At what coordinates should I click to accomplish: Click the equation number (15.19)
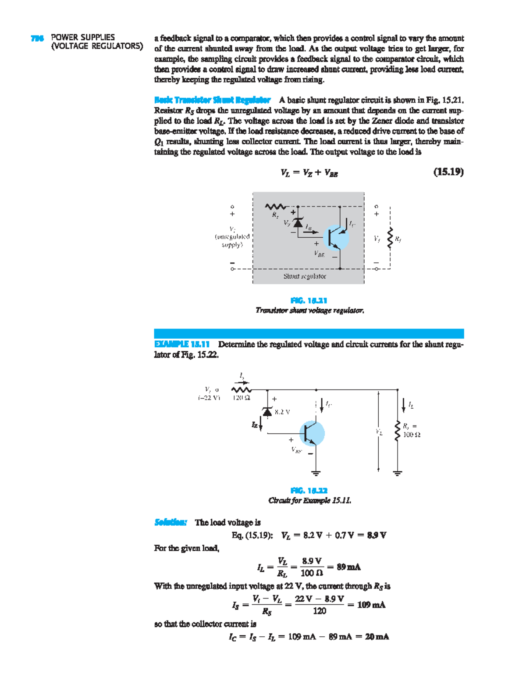coord(448,172)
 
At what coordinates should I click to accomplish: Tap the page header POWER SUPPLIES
coord(83,37)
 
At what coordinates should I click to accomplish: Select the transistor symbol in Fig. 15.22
coord(312,433)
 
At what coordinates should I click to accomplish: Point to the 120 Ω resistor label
coord(241,398)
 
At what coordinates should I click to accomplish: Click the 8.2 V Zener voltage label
coord(282,412)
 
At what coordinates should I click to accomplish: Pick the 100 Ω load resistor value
coord(412,435)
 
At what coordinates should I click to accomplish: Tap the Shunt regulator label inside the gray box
coord(305,276)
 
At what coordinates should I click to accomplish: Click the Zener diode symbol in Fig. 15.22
coord(267,411)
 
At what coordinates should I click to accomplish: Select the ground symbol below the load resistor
coord(398,473)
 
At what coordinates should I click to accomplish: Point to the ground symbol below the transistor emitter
coord(316,473)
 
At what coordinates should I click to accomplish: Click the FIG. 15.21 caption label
coord(309,300)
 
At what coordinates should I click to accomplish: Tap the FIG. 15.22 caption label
coord(309,490)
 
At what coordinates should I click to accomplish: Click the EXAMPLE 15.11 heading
coord(182,344)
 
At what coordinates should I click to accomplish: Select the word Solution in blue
coord(171,522)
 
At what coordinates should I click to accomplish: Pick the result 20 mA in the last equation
coord(377,637)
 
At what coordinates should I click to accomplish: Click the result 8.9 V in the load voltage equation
coord(377,535)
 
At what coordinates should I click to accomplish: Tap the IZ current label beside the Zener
coord(255,424)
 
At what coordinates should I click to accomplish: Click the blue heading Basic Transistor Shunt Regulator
coord(212,100)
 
